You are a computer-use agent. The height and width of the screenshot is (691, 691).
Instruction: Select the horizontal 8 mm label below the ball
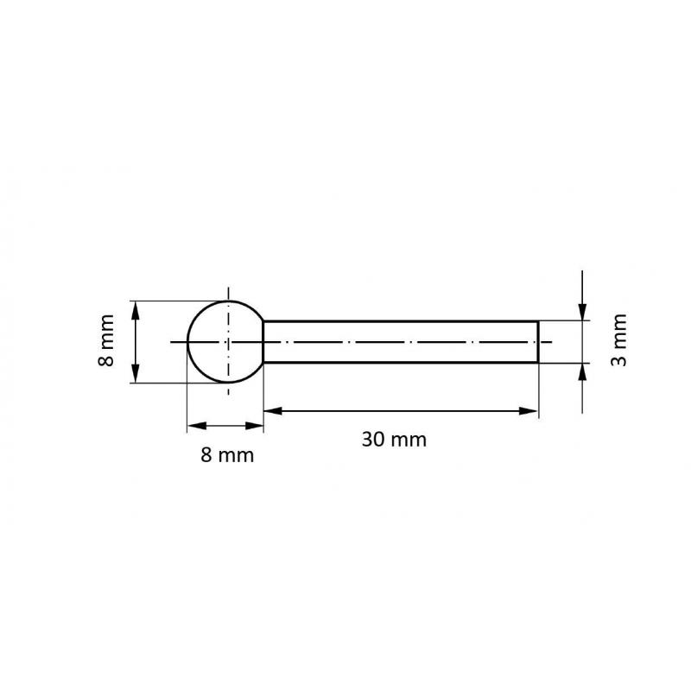point(227,455)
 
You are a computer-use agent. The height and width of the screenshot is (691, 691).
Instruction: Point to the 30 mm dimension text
point(394,439)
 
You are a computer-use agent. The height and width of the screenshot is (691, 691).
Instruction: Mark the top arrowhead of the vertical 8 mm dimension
point(136,308)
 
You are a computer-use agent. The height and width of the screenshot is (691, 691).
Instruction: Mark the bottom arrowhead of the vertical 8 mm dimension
point(136,375)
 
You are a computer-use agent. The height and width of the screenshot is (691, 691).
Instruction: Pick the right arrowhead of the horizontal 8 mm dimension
point(256,425)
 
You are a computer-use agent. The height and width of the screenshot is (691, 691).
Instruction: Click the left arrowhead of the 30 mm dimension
point(272,410)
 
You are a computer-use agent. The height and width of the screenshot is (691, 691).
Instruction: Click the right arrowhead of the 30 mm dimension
point(529,410)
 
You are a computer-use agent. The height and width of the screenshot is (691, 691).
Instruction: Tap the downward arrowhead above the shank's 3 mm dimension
point(584,313)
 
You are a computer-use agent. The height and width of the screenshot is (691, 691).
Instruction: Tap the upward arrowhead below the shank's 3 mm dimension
point(584,371)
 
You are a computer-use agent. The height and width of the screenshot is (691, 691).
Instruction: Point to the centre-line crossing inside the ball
point(228,342)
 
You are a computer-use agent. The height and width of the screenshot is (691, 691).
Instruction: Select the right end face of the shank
point(538,342)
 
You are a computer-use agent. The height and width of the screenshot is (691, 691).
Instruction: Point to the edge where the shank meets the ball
point(263,342)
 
